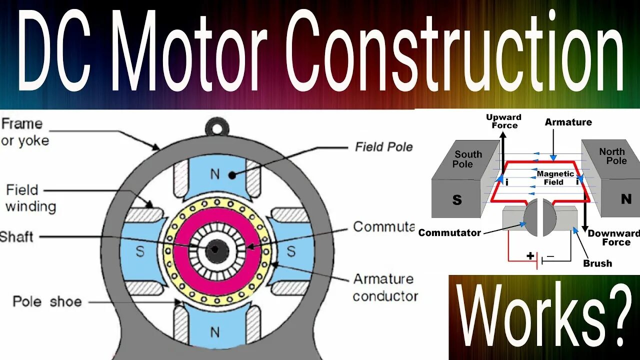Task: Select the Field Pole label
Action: point(383,146)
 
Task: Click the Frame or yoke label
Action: point(25,132)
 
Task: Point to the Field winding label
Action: point(30,198)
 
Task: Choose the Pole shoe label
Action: point(47,302)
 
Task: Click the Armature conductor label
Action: point(385,287)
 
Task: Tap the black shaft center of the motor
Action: point(215,248)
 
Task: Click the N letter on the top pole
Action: point(215,174)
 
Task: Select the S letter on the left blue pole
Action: point(140,251)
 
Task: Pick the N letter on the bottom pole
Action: point(215,331)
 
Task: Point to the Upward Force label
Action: point(503,121)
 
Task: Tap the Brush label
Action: point(597,263)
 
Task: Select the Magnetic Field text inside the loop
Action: point(555,178)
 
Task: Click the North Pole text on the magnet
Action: point(612,156)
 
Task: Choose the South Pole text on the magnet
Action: point(467,159)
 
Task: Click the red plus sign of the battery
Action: point(530,256)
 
